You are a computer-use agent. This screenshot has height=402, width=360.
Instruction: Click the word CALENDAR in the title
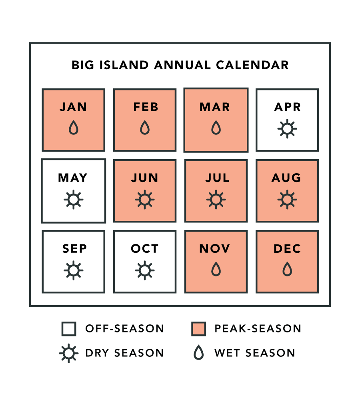(x=252, y=65)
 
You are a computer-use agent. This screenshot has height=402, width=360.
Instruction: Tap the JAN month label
(x=73, y=107)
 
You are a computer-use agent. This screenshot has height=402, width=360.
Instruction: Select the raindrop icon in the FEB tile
(x=145, y=128)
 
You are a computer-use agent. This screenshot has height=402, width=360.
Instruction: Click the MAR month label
(x=215, y=107)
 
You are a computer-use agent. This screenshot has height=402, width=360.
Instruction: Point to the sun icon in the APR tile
(x=287, y=129)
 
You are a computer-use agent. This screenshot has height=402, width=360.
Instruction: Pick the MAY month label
(x=73, y=178)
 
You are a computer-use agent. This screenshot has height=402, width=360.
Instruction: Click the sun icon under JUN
(x=145, y=200)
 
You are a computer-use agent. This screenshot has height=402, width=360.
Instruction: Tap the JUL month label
(x=217, y=178)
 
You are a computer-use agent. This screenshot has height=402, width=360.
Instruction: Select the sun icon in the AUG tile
(x=287, y=200)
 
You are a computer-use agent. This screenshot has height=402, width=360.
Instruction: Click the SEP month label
(x=74, y=248)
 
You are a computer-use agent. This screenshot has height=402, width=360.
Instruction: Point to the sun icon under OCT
(x=145, y=270)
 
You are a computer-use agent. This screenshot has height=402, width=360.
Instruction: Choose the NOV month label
(x=215, y=248)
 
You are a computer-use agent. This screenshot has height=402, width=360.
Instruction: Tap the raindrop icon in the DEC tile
(x=287, y=269)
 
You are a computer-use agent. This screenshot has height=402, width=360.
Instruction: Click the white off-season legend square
(x=69, y=329)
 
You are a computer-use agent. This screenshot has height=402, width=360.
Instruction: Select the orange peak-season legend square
(x=198, y=329)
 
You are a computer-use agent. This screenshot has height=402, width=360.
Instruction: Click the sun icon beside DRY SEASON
(x=69, y=353)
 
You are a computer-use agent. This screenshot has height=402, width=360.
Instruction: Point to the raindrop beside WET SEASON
(x=198, y=352)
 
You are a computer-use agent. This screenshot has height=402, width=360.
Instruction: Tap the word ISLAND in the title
(x=124, y=65)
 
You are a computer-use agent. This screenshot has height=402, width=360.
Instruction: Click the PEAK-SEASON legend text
(x=258, y=329)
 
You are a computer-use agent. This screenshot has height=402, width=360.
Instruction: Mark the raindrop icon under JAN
(x=73, y=128)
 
